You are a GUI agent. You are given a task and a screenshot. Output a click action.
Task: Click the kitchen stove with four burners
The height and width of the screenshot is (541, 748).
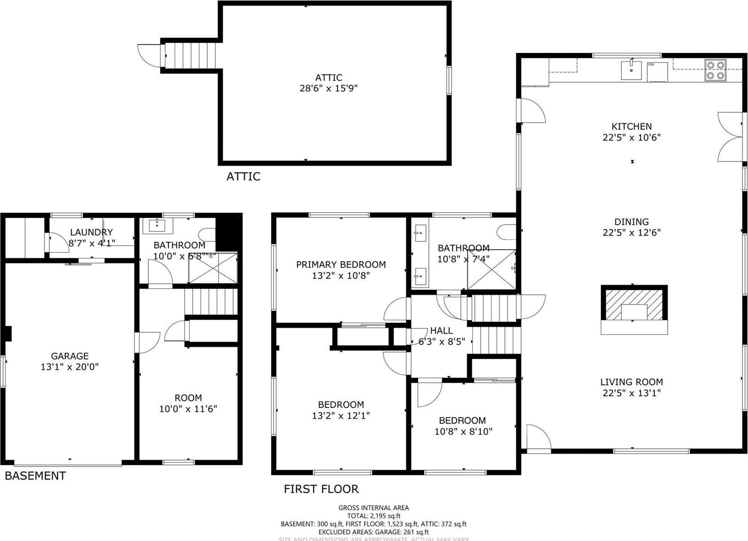coord(716,71)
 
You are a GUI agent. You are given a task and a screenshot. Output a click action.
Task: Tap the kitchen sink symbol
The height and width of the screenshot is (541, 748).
coord(631,70)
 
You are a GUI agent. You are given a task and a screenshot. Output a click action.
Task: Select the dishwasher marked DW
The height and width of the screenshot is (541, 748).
coord(657,72)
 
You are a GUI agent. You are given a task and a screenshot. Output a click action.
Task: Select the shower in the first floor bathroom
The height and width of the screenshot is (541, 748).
coord(491,269)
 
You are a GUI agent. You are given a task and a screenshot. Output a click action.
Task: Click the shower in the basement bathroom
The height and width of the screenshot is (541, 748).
coord(213,268)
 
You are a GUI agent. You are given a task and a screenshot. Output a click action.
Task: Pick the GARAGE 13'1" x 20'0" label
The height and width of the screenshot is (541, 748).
coord(69,361)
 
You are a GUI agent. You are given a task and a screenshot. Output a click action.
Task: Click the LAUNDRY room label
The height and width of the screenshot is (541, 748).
coord(91,232)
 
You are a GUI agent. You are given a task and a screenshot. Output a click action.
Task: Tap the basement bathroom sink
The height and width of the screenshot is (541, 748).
coord(157,226)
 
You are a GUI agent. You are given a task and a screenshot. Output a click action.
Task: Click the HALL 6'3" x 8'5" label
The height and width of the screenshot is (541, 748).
coord(441,336)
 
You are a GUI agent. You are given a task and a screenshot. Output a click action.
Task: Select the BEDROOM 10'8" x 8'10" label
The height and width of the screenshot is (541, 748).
coord(463,426)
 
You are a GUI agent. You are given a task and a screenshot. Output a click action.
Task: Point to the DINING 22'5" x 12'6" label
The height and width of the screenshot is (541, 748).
coord(631,227)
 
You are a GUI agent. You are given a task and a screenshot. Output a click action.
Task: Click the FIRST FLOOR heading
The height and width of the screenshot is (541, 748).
coord(321,489)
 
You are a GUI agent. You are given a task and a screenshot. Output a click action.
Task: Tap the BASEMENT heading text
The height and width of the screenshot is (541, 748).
coord(35,476)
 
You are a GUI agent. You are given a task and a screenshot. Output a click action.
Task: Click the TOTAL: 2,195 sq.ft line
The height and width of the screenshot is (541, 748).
coord(374,516)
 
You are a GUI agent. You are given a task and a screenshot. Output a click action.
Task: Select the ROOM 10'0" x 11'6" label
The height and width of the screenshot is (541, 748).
coord(188,403)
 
